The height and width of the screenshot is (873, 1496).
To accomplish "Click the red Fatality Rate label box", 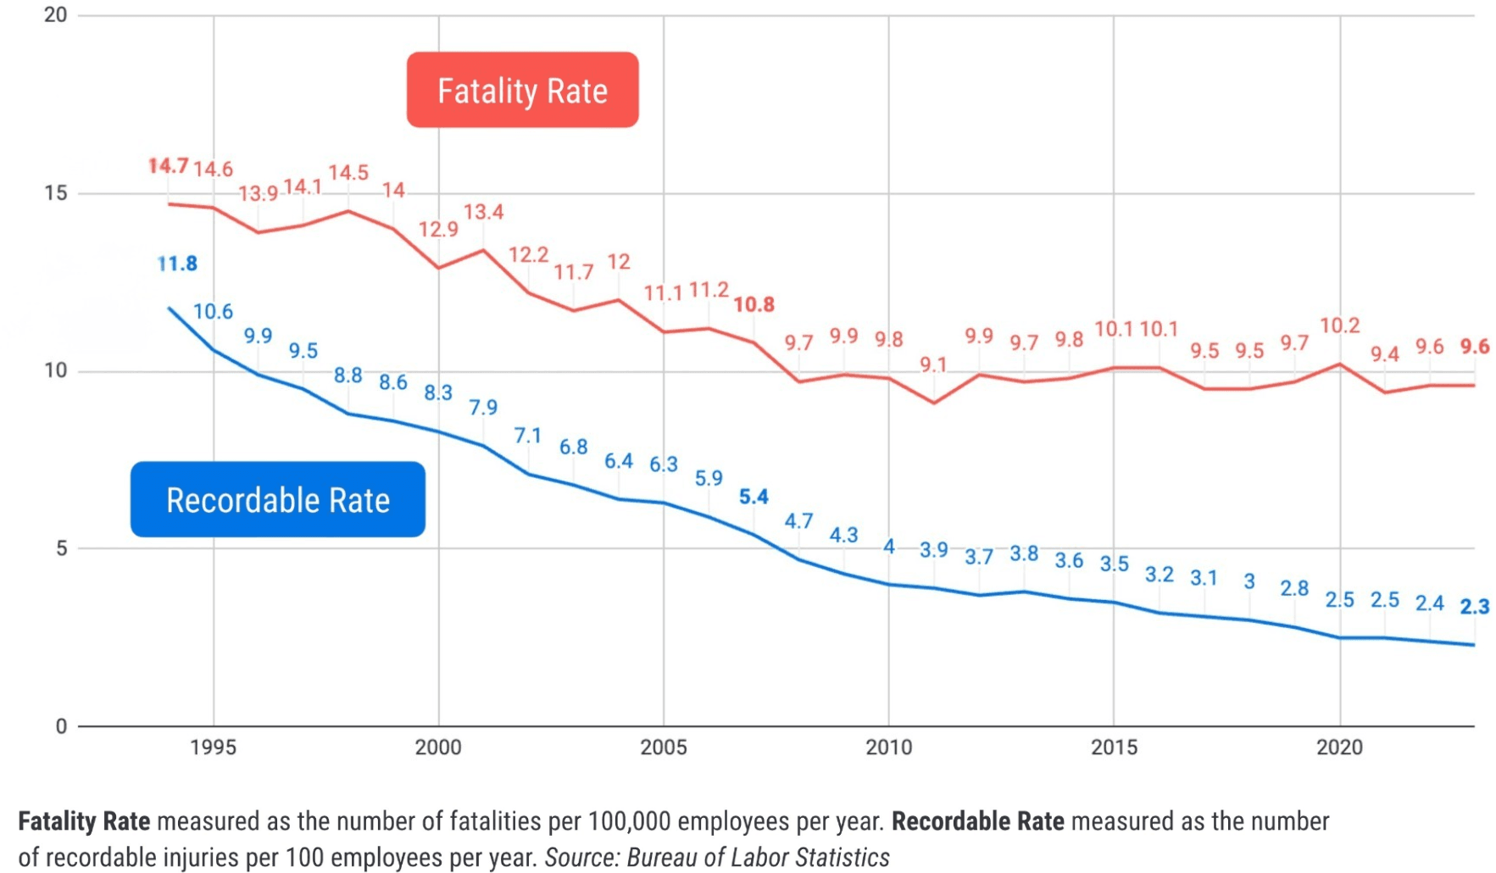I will pos(522,90).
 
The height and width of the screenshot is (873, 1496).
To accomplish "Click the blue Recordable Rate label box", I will pos(277,499).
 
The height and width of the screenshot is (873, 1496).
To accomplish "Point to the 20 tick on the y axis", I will pos(56,15).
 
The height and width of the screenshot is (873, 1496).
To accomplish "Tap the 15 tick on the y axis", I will pos(56,193).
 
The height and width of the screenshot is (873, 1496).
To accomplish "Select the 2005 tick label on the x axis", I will pos(663,747).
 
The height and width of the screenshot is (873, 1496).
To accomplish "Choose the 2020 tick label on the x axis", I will pos(1339,747).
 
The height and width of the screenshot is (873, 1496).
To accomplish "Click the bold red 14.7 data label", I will pos(168,165).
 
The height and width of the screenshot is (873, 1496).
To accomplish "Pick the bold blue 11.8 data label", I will pos(177,264).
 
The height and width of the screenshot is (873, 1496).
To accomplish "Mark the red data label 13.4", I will pos(483,212).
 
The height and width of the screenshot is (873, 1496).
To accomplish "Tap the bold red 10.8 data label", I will pos(754,304).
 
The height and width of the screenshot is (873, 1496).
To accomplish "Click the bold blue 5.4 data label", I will pos(754,497).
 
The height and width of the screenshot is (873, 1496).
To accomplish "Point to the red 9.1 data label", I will pos(933,364).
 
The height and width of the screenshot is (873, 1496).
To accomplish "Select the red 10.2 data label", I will pos(1339,325).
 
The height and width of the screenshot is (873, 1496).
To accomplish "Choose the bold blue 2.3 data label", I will pos(1474,606).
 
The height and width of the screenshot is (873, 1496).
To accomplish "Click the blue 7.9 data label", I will pos(483,408).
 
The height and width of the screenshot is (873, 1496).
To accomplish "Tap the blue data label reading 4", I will pos(888,547).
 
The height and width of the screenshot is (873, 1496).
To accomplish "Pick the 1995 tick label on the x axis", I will pos(213,747).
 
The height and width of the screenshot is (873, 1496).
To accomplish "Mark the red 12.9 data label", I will pos(438,229).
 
